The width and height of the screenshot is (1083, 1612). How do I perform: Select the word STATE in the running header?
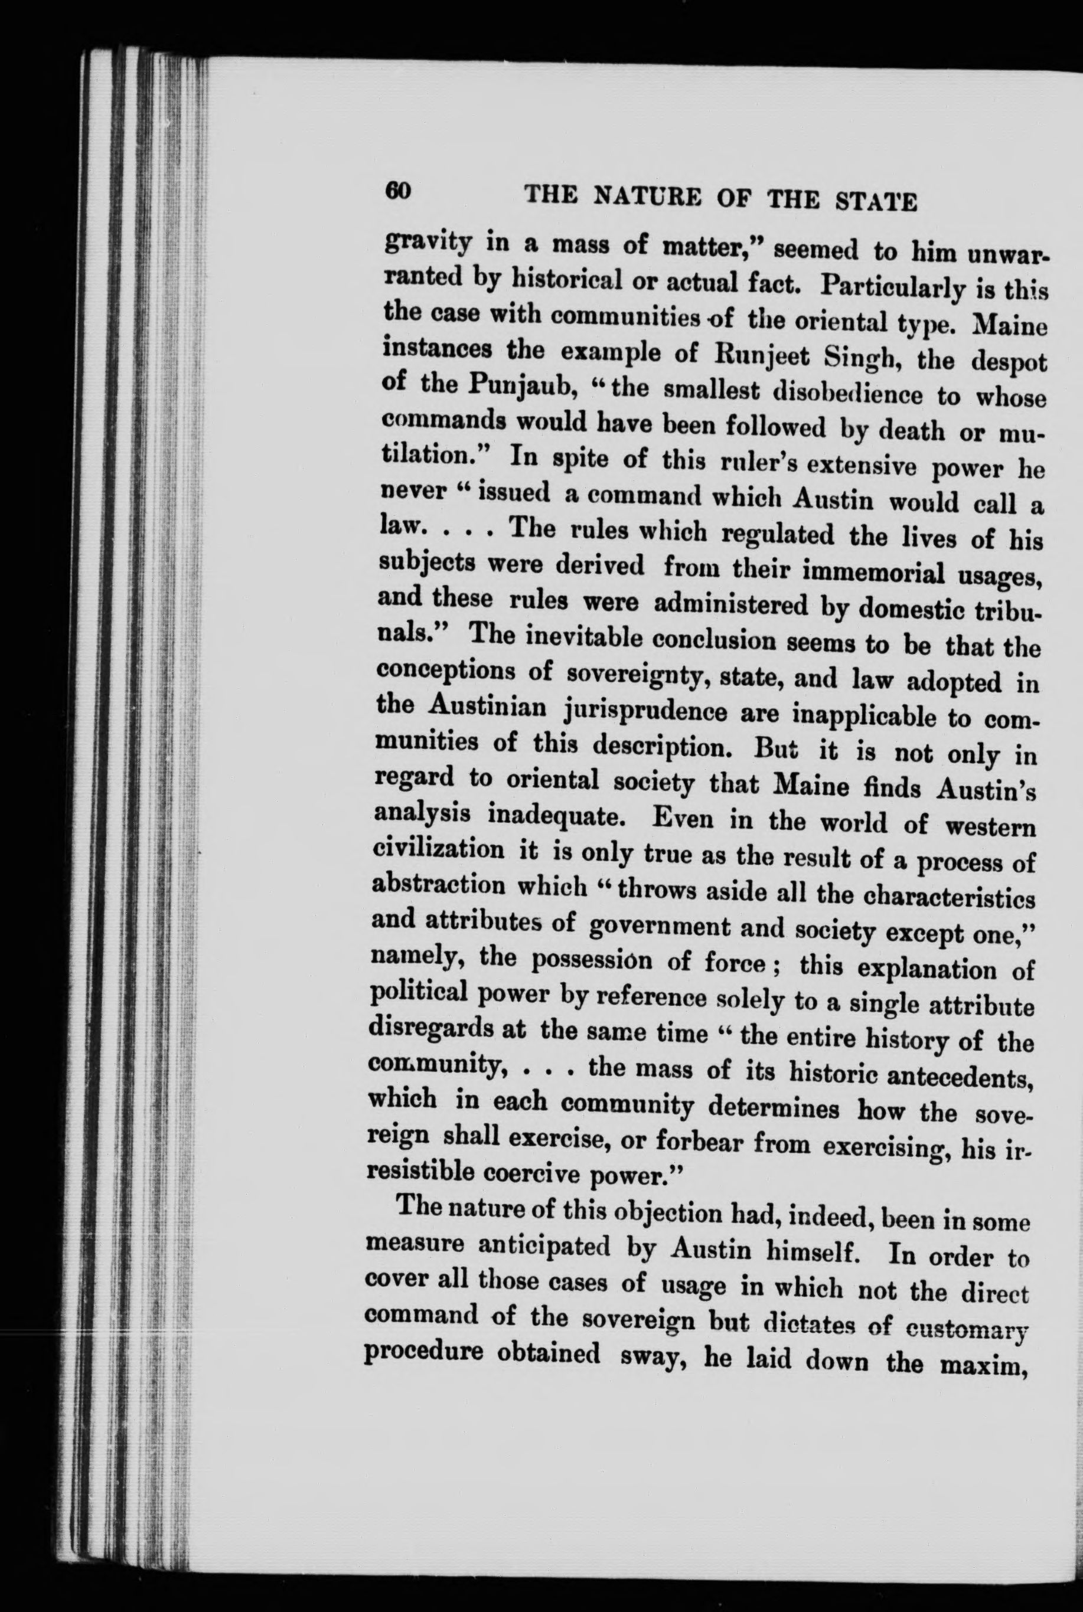tap(876, 203)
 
